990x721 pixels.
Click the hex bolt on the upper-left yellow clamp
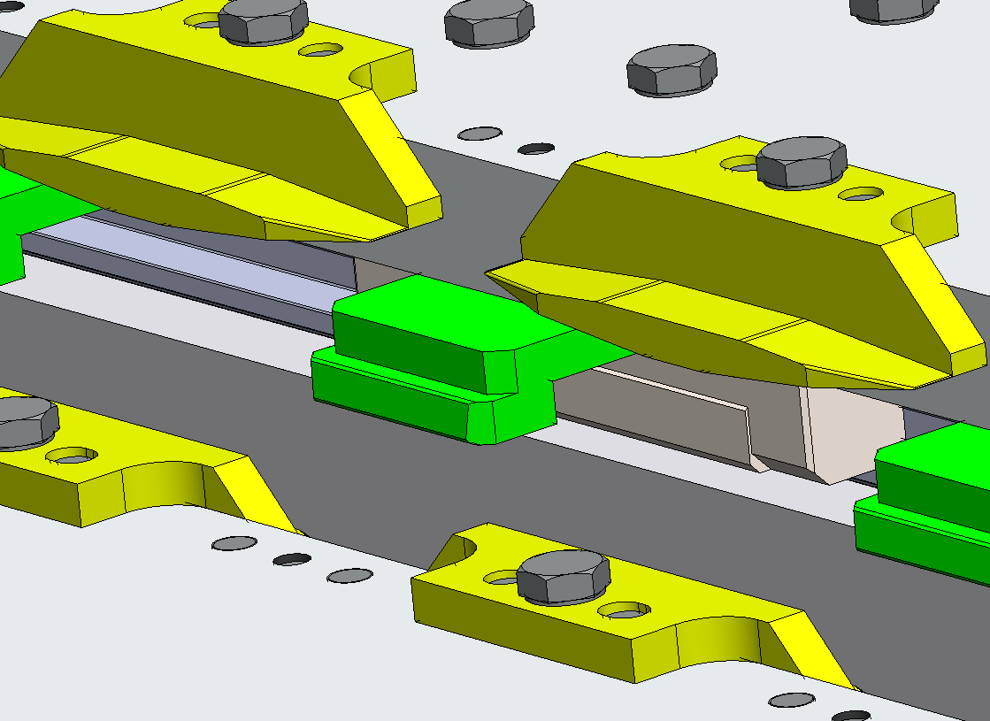point(263,20)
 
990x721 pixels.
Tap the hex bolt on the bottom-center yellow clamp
point(563,576)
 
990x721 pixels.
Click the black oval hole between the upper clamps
point(535,149)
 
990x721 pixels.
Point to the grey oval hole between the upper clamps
point(480,134)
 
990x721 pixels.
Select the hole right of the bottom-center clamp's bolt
point(625,610)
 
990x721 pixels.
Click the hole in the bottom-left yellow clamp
point(72,456)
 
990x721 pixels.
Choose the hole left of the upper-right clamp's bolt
point(739,164)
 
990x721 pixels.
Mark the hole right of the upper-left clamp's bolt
point(320,50)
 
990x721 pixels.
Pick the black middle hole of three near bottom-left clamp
point(292,560)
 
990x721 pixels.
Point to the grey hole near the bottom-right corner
point(791,700)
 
